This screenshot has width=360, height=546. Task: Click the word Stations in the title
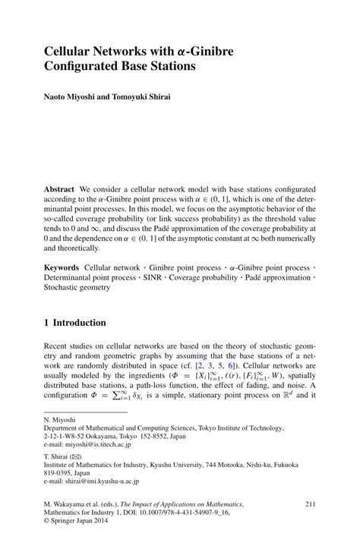tap(169, 66)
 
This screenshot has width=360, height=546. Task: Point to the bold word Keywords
tap(62, 267)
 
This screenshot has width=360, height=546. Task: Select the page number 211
tap(309, 525)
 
